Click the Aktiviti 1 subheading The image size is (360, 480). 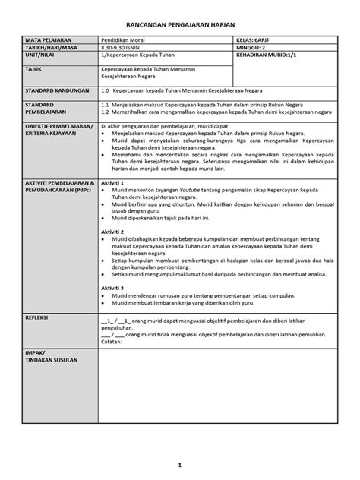click(x=113, y=184)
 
